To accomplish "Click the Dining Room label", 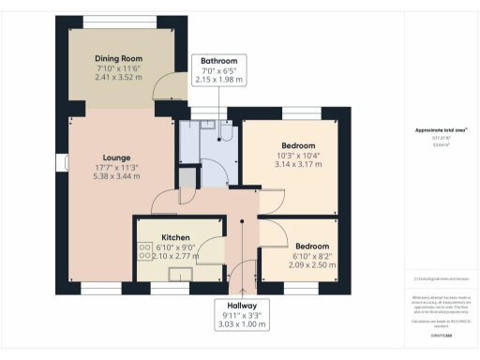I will (118, 59).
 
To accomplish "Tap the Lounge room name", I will (117, 157).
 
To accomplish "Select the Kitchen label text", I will (175, 237).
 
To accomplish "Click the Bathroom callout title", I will (217, 59).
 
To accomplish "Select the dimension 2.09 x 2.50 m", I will (300, 266).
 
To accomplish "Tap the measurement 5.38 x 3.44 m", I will (117, 178).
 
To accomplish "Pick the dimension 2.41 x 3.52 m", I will (118, 80).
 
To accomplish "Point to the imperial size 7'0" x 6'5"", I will (217, 70).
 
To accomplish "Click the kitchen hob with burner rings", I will (145, 250).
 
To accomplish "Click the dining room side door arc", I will (167, 88).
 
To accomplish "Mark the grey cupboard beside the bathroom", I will (188, 179).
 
